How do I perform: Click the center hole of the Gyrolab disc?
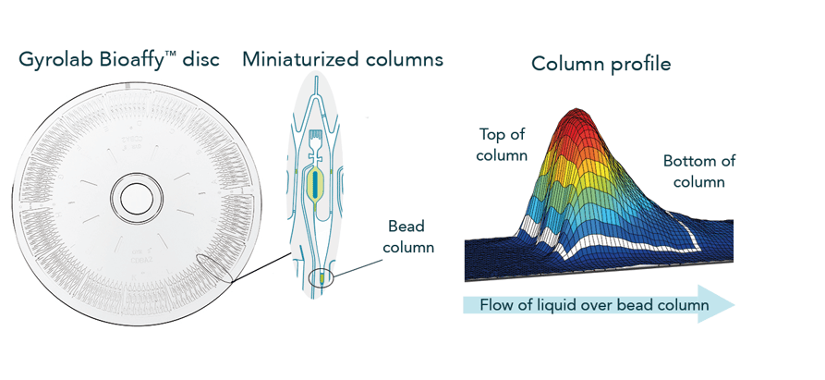point(137,197)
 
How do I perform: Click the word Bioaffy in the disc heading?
point(131,62)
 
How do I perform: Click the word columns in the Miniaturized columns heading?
point(399,60)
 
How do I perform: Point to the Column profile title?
point(601,64)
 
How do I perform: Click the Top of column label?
point(502,145)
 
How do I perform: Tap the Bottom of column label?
point(699,171)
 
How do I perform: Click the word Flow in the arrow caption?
point(497,305)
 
